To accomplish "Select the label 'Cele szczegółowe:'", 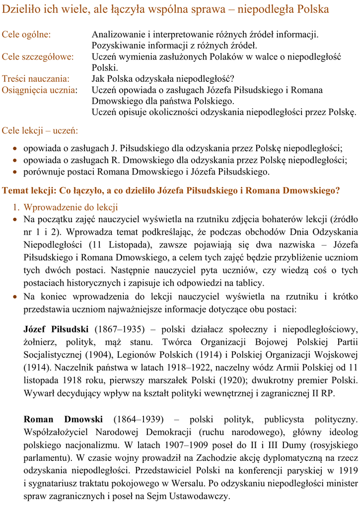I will pos(38,57).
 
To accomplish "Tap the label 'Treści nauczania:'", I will pos(35,79).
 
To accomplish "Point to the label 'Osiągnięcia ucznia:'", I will pos(40,90).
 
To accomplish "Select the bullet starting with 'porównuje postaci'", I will pos(146,172).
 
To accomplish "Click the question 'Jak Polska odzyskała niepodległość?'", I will pos(162,79).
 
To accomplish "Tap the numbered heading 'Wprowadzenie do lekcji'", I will pos(71,207).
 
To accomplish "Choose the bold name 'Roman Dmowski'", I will pos(63,419).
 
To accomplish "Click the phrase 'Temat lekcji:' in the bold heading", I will pos(29,190).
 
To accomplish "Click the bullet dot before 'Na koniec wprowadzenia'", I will pos(16,297).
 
